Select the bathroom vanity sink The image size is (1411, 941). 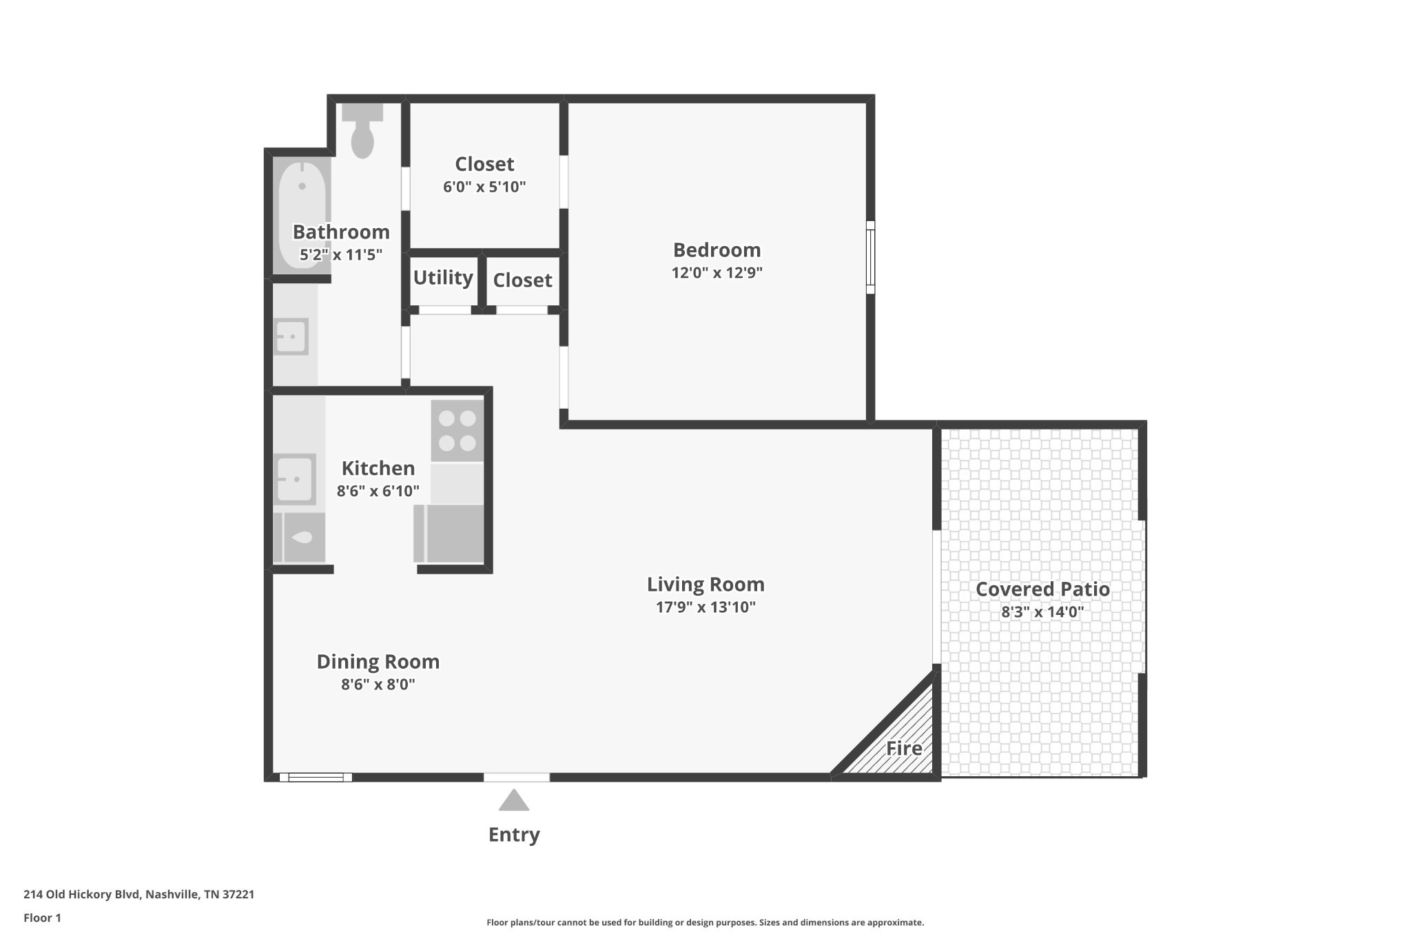[x=291, y=337]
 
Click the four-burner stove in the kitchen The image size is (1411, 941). [x=457, y=431]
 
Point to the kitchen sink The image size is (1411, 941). [x=296, y=479]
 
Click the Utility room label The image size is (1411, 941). [x=443, y=278]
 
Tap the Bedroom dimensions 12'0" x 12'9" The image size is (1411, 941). [x=717, y=273]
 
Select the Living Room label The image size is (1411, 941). [x=705, y=585]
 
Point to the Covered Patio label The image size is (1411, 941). [x=1042, y=589]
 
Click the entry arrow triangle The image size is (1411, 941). [x=514, y=802]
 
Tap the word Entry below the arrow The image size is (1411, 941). [x=514, y=835]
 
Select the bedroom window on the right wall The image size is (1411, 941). [x=870, y=257]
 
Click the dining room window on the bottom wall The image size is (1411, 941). [x=316, y=778]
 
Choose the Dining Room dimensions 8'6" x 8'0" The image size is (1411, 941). [x=378, y=685]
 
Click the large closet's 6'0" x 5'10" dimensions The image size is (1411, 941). [x=484, y=187]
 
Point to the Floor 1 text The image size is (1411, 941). [x=42, y=918]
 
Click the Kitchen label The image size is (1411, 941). [x=378, y=469]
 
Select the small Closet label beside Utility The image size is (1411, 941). [x=522, y=281]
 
